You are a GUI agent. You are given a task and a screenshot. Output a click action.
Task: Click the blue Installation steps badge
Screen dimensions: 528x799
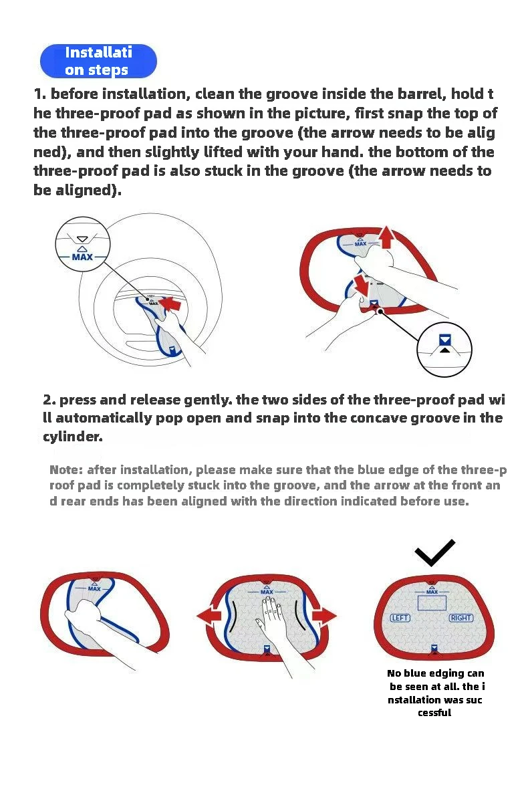(x=98, y=61)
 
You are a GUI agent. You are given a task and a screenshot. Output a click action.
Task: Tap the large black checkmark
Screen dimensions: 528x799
(x=434, y=553)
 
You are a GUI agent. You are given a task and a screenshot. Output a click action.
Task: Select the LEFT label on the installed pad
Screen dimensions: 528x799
(x=400, y=618)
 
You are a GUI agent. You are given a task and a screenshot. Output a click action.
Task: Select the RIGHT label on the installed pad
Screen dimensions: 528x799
(x=460, y=618)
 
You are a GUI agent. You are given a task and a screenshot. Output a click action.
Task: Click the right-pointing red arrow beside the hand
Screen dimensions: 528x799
(x=324, y=616)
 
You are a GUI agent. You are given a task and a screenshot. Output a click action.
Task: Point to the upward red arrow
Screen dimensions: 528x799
(x=386, y=237)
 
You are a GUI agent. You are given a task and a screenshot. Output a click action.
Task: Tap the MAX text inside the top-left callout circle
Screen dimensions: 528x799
(x=82, y=257)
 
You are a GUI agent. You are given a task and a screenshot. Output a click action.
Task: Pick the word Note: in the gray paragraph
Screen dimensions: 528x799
(x=66, y=470)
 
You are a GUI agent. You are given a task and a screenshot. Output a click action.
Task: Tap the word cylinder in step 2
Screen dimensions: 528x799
(x=72, y=437)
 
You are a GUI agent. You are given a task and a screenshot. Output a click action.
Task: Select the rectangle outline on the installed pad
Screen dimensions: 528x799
(x=432, y=596)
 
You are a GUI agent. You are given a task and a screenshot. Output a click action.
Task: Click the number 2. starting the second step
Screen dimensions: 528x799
(x=49, y=400)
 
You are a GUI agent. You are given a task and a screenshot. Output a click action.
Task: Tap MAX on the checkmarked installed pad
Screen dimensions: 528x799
(x=432, y=592)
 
